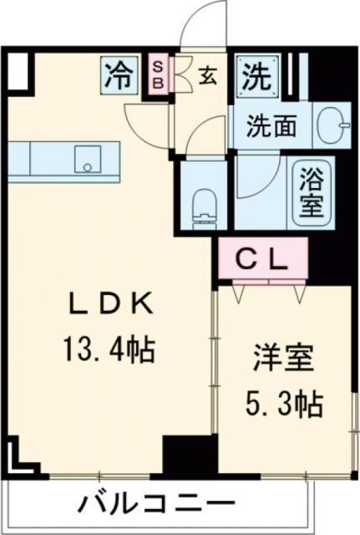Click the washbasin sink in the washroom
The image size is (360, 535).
tap(337, 125)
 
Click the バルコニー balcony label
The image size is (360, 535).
tap(156, 505)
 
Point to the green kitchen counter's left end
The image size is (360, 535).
tap(21, 158)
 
